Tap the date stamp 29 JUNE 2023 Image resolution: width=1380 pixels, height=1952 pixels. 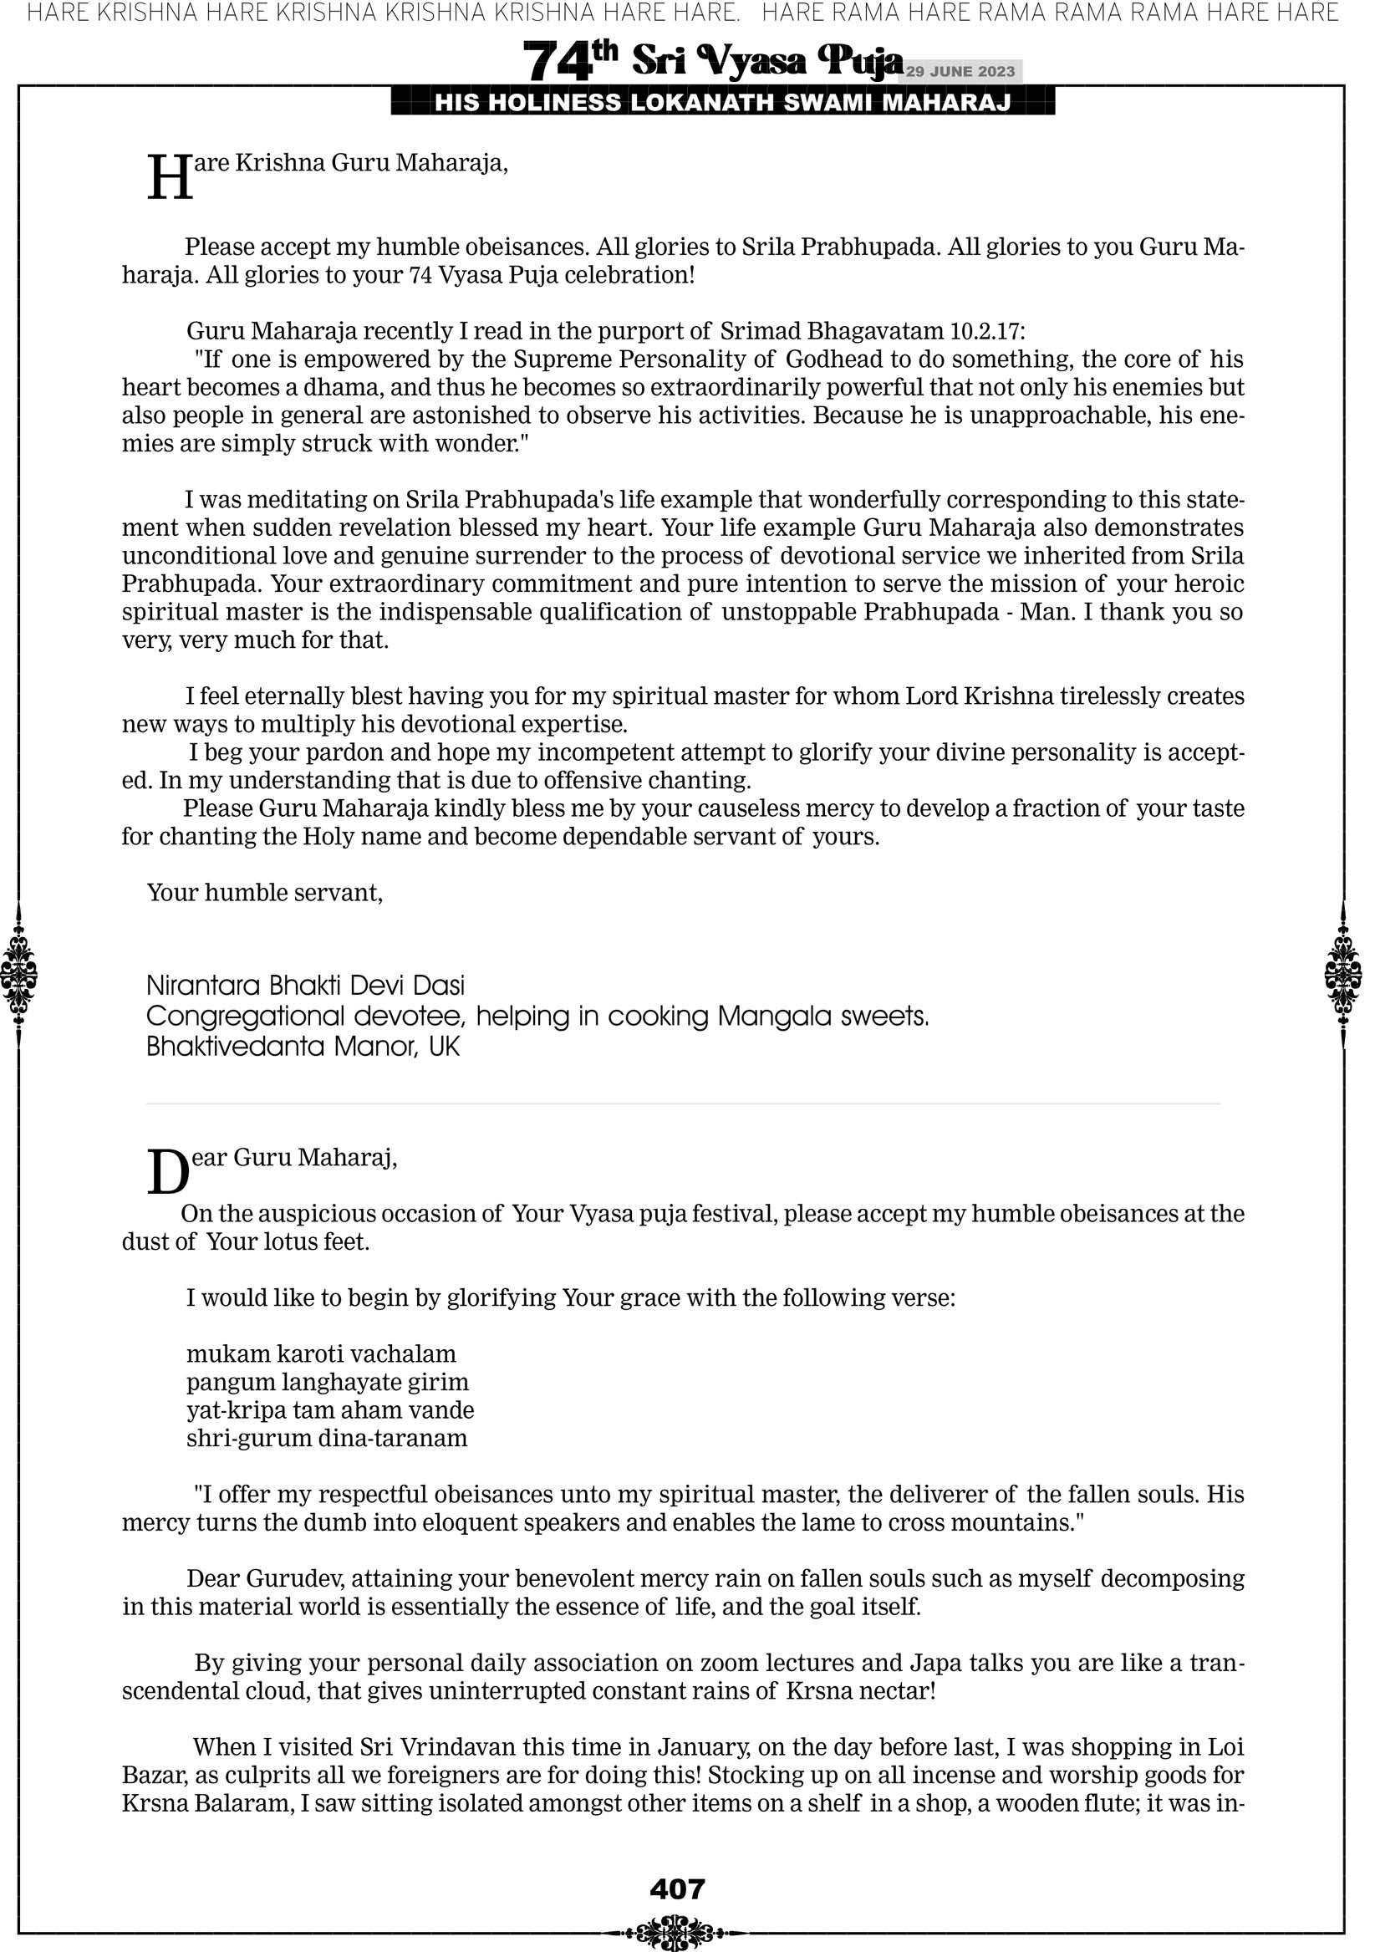coord(960,71)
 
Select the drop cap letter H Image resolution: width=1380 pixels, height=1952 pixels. coord(170,179)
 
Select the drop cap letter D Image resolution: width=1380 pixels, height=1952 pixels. coord(167,1173)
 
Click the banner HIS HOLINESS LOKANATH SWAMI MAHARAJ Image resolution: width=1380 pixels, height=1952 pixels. coord(723,103)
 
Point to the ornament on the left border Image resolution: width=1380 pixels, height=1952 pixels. coord(18,974)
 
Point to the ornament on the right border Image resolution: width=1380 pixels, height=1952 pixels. coord(1342,974)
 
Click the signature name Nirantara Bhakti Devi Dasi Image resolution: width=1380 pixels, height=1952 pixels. coord(305,986)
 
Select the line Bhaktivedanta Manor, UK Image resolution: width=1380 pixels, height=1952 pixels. coord(303,1047)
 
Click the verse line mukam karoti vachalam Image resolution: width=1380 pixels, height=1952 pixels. coord(322,1353)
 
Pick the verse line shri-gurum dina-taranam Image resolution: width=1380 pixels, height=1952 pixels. coord(327,1438)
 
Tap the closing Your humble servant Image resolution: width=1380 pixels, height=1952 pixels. coord(264,892)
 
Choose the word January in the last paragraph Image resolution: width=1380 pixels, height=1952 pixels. coord(701,1747)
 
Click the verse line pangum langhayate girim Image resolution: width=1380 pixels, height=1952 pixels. coord(328,1382)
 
